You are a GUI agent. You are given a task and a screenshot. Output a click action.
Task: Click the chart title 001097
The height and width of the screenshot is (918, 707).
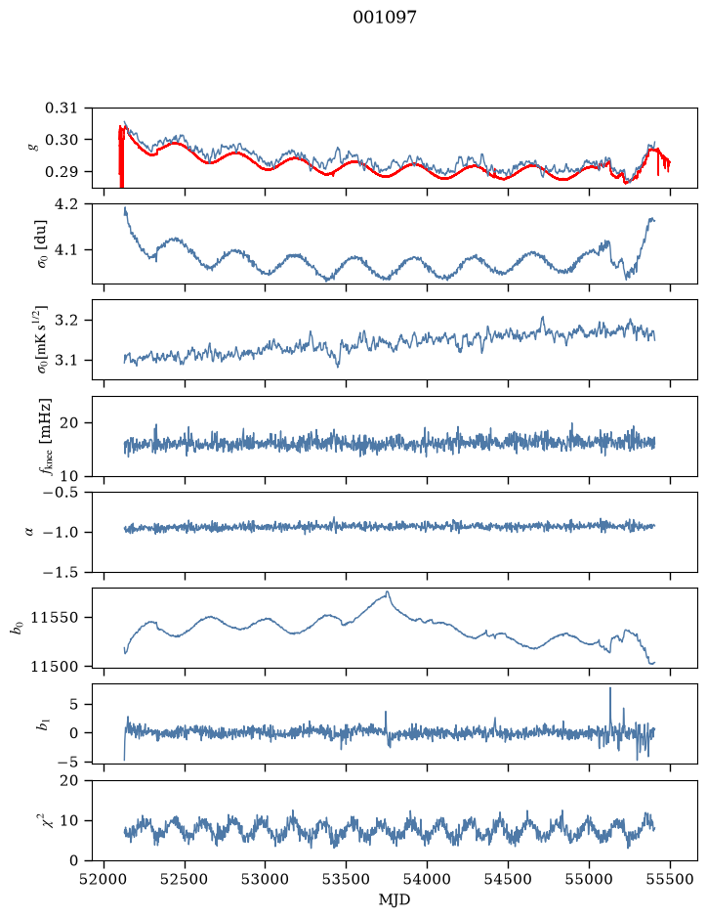(384, 18)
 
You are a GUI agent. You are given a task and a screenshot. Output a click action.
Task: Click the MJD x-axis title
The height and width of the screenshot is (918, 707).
(395, 899)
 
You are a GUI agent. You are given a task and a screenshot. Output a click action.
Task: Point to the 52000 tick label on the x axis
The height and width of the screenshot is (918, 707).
(104, 879)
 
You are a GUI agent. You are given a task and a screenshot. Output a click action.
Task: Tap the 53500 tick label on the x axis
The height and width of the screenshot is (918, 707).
(347, 879)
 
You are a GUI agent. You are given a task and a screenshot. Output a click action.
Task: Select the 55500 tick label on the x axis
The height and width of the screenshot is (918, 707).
(670, 879)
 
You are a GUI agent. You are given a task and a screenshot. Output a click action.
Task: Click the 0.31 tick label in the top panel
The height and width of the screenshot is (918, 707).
(62, 108)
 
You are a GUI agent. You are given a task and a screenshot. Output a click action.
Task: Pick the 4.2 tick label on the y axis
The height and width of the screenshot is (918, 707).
(66, 203)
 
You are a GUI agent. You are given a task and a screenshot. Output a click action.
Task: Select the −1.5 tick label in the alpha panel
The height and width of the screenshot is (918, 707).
(61, 572)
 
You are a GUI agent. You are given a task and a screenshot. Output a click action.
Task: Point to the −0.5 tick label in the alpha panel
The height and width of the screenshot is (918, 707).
(61, 492)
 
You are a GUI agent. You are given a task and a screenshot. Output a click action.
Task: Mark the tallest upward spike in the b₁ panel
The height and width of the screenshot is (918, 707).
(610, 688)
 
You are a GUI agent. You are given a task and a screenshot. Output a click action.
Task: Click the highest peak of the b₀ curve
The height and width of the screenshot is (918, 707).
(387, 591)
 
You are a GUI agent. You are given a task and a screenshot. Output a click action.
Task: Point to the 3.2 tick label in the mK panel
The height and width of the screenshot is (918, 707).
(66, 321)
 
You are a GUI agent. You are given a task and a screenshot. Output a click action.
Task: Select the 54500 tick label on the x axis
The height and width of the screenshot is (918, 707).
(508, 879)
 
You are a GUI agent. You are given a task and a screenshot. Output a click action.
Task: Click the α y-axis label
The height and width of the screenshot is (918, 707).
(29, 532)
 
